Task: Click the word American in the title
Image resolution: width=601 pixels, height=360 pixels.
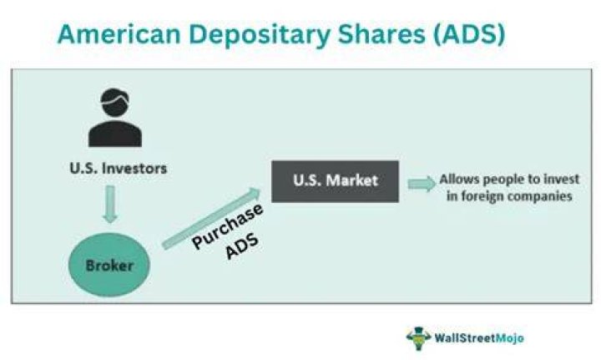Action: [119, 33]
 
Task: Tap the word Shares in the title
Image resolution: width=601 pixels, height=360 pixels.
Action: [381, 33]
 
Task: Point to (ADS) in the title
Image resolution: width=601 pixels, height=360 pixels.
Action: [469, 34]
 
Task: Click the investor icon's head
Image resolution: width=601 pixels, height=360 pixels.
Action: [114, 102]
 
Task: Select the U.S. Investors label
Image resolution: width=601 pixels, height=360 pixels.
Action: [119, 169]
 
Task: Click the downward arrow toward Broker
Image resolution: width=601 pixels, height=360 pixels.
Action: [110, 204]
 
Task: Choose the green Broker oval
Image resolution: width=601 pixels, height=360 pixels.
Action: [109, 265]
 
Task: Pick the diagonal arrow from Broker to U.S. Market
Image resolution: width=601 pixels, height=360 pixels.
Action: [211, 219]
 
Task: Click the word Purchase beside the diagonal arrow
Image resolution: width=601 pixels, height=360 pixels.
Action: [228, 226]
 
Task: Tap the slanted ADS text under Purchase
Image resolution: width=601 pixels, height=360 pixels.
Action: [242, 246]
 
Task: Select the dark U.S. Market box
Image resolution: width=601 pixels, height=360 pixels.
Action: [335, 181]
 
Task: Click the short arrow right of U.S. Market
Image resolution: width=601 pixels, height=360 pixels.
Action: [422, 184]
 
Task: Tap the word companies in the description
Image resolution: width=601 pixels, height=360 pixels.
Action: [540, 196]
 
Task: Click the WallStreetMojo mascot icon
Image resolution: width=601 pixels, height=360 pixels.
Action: [418, 338]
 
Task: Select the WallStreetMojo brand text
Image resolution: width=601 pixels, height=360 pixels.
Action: [479, 338]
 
